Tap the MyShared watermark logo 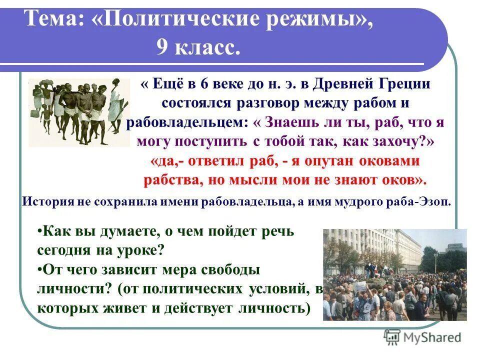tap(422, 337)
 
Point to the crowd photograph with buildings tap(394, 274)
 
